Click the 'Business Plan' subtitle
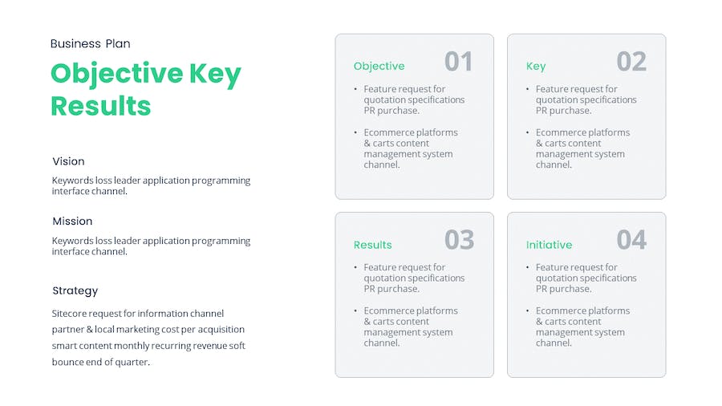pos(90,44)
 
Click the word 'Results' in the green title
pos(101,106)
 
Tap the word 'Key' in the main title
pos(215,75)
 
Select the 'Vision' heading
pos(69,161)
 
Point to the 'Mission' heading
pos(72,221)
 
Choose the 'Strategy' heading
pos(75,291)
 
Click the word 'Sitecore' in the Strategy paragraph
pos(69,314)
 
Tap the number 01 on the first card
pos(459,61)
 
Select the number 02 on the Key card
pos(631,61)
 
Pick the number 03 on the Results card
pos(459,240)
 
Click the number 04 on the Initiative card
pos(632,240)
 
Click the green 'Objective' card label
pos(379,67)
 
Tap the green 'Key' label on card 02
pos(536,67)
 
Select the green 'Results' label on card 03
pos(372,245)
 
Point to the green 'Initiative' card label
pos(549,245)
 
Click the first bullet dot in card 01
pos(355,88)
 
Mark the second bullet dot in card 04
pos(528,311)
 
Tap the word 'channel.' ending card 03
pos(382,343)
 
